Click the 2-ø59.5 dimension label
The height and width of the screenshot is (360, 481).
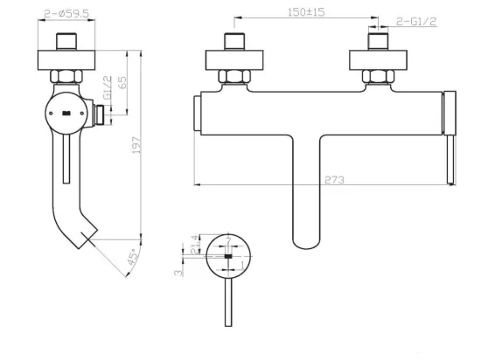tap(66, 13)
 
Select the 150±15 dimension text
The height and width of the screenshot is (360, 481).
tap(306, 12)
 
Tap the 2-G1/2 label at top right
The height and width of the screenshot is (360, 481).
tap(416, 22)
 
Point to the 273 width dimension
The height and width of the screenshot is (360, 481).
tap(334, 180)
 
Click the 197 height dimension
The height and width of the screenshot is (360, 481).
tap(136, 145)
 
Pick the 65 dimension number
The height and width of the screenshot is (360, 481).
tap(122, 82)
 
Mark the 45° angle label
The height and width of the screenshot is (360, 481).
tap(133, 257)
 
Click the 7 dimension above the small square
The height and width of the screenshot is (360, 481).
tap(228, 241)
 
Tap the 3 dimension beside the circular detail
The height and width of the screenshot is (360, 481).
tap(178, 273)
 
